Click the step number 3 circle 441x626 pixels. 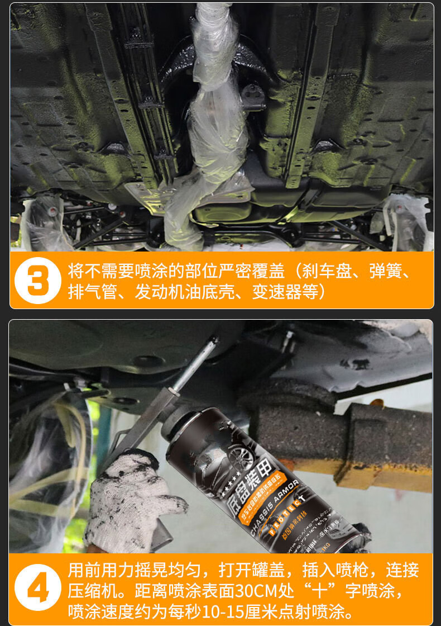(x=38, y=280)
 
